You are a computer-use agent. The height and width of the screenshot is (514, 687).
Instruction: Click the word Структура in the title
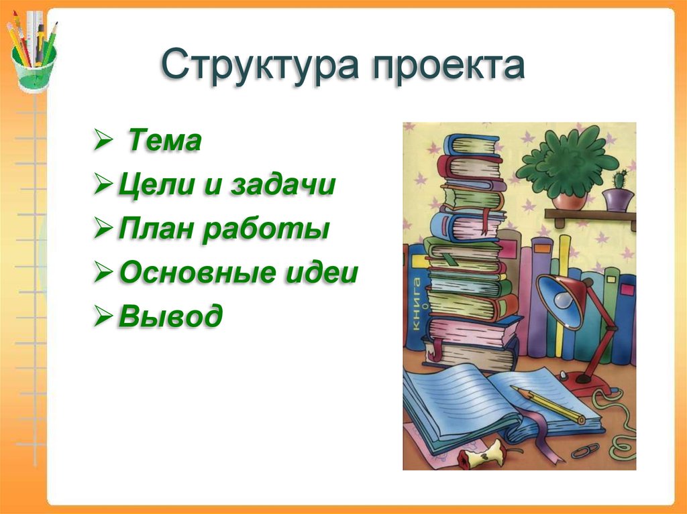pos(260,66)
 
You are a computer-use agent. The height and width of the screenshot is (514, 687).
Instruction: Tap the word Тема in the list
pos(165,140)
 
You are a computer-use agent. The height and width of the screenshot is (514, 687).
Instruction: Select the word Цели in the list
pos(156,184)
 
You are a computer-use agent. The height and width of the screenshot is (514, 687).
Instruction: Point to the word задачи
pos(283,184)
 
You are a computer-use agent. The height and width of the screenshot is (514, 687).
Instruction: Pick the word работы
pos(266,229)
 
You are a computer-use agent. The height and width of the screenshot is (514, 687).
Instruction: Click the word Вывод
pos(170,315)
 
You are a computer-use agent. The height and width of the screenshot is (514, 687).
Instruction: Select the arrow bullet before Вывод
pos(103,315)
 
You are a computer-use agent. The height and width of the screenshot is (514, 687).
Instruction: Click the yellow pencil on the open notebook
pos(547,403)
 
